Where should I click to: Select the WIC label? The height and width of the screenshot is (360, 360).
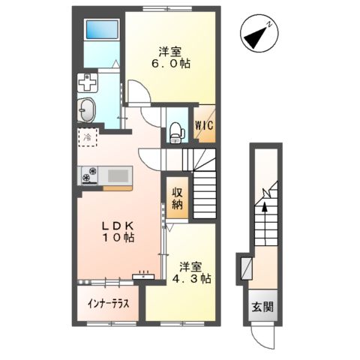(x=204, y=127)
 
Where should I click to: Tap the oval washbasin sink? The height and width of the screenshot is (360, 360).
(x=86, y=109)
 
